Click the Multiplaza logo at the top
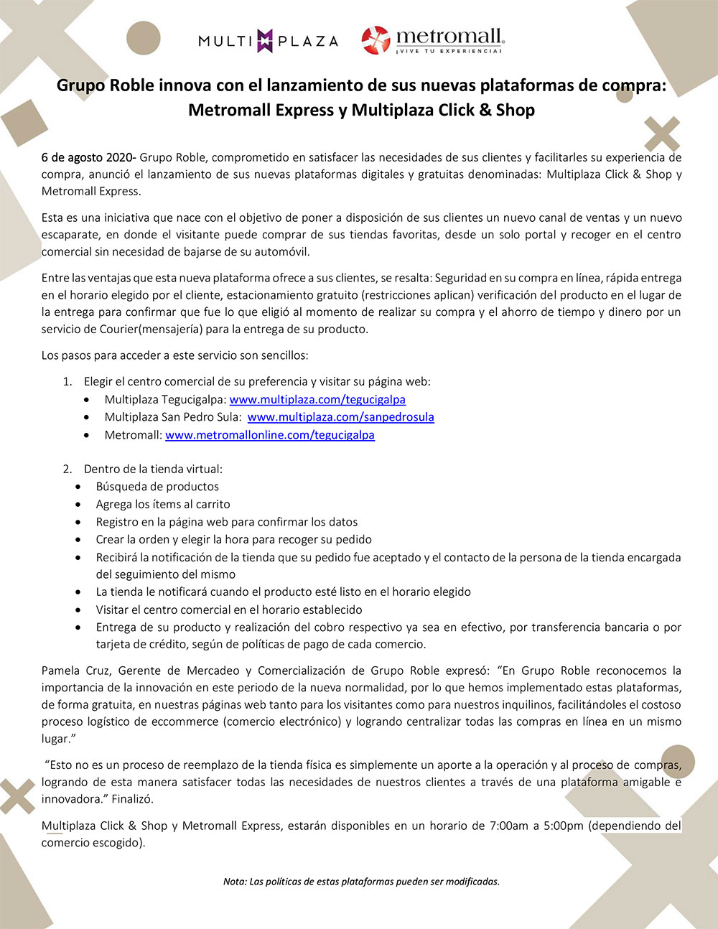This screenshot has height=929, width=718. pos(268,41)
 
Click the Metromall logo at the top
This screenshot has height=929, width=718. pos(432,40)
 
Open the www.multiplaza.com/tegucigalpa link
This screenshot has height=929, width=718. pos(317,399)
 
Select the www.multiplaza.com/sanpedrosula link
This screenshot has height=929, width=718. pos(340,416)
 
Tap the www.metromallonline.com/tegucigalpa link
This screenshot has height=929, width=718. pos(270,434)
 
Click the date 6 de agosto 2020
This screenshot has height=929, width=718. pos(88,157)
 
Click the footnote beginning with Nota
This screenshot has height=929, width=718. pos(361,881)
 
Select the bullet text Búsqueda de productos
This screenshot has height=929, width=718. pos(157,486)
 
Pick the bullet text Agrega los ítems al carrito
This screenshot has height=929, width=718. pos(163,504)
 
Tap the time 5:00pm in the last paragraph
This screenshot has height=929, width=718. pos(564,826)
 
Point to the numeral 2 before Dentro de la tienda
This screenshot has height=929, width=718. pos(67,469)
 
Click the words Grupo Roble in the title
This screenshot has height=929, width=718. pos(106,85)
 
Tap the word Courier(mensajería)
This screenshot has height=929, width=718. pos(118,330)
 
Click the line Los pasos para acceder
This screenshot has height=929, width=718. pos(175,355)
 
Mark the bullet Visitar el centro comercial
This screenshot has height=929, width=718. pos(229,610)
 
